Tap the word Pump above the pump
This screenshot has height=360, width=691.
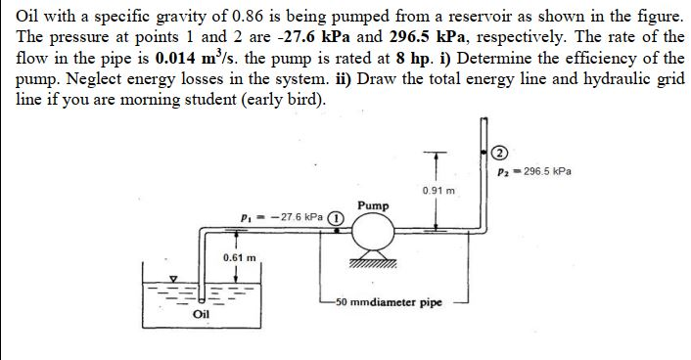[375, 207]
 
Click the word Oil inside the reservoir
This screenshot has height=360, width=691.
[202, 315]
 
